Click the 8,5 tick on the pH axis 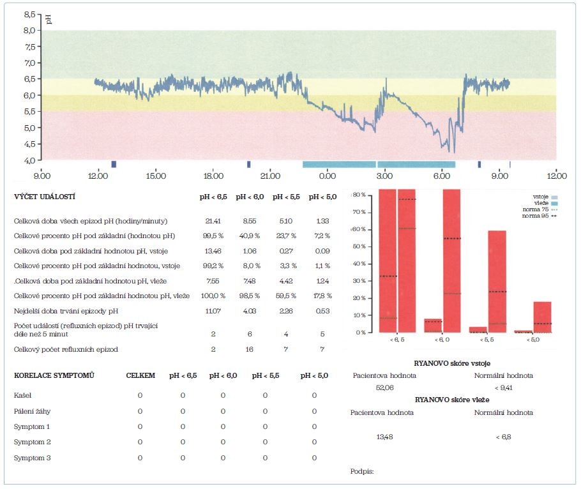pyautogui.click(x=29, y=13)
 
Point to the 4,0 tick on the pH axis pyautogui.click(x=29, y=160)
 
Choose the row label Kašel pyautogui.click(x=23, y=396)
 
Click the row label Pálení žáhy pyautogui.click(x=32, y=412)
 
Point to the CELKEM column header pyautogui.click(x=140, y=375)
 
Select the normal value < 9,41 pyautogui.click(x=503, y=387)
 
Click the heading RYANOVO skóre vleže pyautogui.click(x=452, y=400)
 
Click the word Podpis pyautogui.click(x=362, y=471)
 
